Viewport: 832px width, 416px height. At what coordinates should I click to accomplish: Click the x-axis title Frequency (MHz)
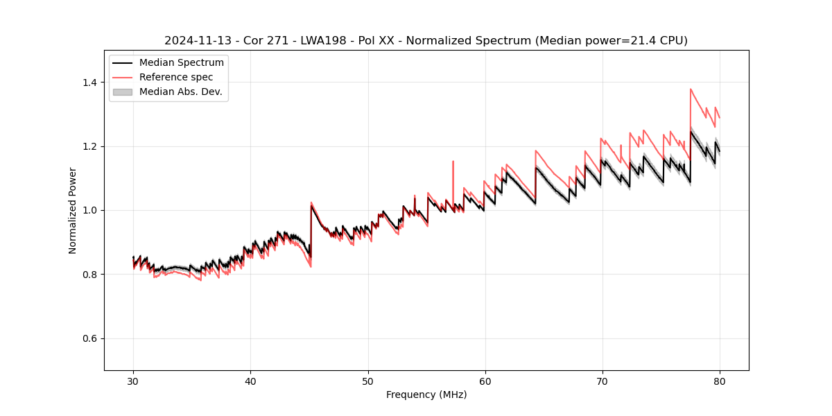pyautogui.click(x=426, y=395)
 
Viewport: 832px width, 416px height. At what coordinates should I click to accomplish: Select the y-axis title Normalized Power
pyautogui.click(x=73, y=210)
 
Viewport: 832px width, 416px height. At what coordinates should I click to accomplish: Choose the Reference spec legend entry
pyautogui.click(x=176, y=77)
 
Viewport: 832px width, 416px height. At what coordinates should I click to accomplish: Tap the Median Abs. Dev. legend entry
pyautogui.click(x=180, y=92)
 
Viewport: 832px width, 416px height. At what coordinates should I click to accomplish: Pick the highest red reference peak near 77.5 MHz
pyautogui.click(x=691, y=89)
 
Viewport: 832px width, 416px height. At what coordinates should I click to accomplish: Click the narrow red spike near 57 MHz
pyautogui.click(x=453, y=162)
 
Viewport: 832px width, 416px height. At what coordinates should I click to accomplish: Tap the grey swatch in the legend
pyautogui.click(x=122, y=92)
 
